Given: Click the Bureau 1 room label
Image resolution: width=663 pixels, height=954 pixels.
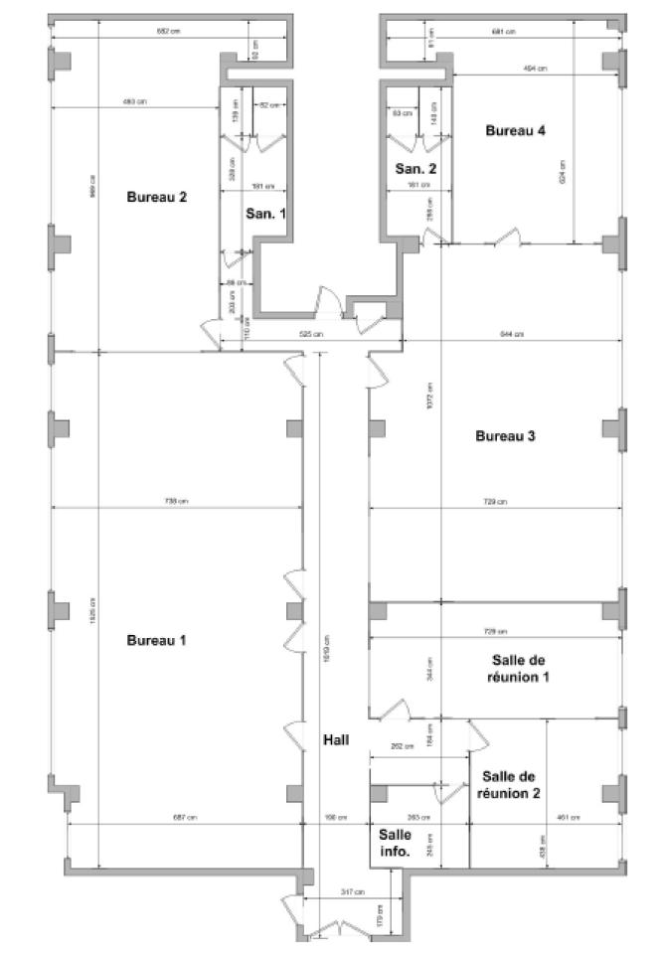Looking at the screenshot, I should coord(157,640).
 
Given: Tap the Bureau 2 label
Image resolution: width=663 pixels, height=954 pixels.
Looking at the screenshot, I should coord(157,197).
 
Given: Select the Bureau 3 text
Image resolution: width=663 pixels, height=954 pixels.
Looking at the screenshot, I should coord(506,435).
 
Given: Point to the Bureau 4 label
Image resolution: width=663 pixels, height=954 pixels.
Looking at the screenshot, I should coord(515,130).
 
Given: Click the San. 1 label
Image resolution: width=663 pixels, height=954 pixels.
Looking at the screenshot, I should coord(266,213).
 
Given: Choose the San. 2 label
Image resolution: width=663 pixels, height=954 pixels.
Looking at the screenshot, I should coord(415,168).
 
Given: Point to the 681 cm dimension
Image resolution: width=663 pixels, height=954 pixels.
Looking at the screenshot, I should coord(503,32).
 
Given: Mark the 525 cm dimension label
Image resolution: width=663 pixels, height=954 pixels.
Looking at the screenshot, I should coord(311,335).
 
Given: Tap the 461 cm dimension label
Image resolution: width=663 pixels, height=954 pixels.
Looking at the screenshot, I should coord(568,817).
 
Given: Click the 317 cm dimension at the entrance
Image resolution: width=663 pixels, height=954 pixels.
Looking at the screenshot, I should coord(354,891).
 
